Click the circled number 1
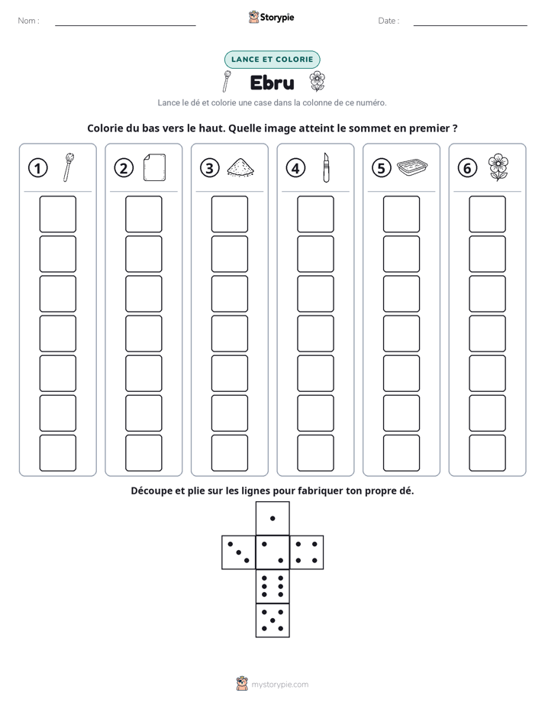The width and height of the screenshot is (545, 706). tap(37, 168)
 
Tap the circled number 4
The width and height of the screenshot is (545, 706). tap(295, 168)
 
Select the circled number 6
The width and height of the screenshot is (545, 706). tap(467, 168)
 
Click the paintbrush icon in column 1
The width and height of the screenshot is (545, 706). tap(69, 167)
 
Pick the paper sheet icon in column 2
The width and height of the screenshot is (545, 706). tap(154, 167)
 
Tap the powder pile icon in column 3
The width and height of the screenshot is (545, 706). tap(240, 167)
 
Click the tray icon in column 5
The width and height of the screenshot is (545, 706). tap(412, 167)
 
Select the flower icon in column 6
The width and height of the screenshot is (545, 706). tap(498, 167)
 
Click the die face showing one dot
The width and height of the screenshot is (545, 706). tap(272, 518)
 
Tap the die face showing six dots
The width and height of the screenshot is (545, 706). tap(272, 586)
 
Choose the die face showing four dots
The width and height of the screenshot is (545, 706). tap(307, 552)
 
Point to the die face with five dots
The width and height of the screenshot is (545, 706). tap(272, 620)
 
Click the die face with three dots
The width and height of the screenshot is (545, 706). tap(239, 552)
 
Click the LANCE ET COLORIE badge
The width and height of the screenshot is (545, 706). tap(272, 60)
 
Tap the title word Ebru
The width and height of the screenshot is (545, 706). tap(272, 83)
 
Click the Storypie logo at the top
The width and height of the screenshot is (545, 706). tap(271, 17)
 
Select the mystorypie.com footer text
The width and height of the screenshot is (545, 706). tap(279, 685)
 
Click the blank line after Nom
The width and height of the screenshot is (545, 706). tap(125, 25)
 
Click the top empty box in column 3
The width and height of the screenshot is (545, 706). tap(229, 214)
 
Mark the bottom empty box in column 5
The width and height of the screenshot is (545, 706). tap(401, 453)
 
